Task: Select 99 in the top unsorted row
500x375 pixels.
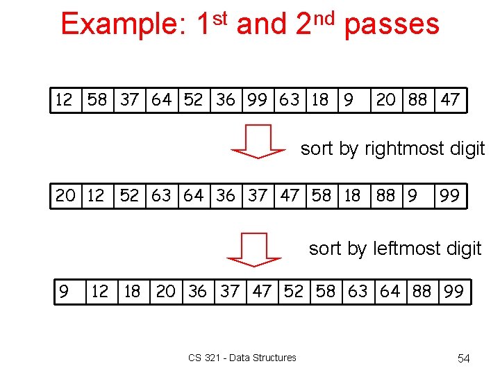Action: [x=257, y=100]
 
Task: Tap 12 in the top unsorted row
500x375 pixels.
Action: [x=64, y=100]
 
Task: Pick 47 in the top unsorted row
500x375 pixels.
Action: [x=450, y=100]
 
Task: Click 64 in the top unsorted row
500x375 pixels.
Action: [x=161, y=100]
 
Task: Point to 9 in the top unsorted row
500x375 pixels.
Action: [x=348, y=100]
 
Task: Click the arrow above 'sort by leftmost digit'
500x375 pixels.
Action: [x=254, y=249]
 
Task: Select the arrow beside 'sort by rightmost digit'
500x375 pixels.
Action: [x=258, y=142]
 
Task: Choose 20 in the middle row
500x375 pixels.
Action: [x=65, y=196]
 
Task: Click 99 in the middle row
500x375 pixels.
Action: [x=449, y=196]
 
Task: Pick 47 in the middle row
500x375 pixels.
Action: [x=290, y=196]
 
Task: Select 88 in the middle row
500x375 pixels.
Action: [x=385, y=196]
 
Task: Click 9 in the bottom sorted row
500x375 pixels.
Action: [x=64, y=292]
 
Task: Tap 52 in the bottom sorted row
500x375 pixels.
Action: [x=294, y=292]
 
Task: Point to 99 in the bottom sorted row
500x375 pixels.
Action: [x=453, y=292]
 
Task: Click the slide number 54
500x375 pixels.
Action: [x=463, y=358]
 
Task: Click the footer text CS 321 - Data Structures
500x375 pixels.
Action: [x=242, y=358]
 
